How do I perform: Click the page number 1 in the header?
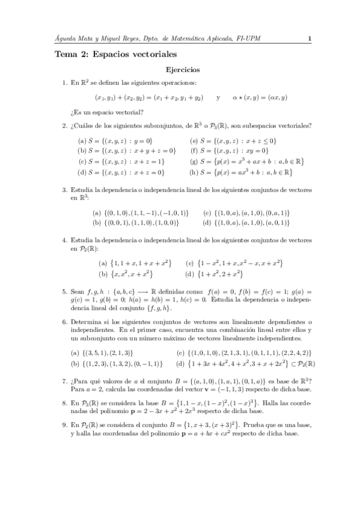pyautogui.click(x=309, y=40)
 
